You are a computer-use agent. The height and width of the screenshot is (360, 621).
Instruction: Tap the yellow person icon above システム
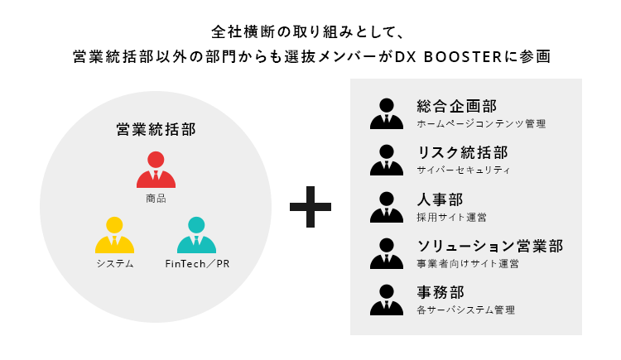[114, 235]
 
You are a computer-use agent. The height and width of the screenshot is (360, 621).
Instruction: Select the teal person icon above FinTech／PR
[196, 235]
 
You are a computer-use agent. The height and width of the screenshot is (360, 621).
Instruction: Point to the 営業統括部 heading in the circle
[156, 130]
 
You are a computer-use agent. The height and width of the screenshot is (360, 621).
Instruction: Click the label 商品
[156, 198]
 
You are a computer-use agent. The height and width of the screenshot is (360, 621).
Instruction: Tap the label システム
[114, 264]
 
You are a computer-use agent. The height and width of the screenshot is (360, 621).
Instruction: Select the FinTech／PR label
[196, 264]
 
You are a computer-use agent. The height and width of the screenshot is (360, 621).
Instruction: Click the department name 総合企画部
[457, 106]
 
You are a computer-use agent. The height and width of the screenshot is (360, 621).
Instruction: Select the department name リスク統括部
[463, 152]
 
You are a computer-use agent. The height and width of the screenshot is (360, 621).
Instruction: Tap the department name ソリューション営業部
[490, 246]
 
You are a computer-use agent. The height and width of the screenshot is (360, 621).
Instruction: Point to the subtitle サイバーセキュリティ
[464, 170]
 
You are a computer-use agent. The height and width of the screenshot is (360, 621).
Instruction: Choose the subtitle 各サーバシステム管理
[466, 310]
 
